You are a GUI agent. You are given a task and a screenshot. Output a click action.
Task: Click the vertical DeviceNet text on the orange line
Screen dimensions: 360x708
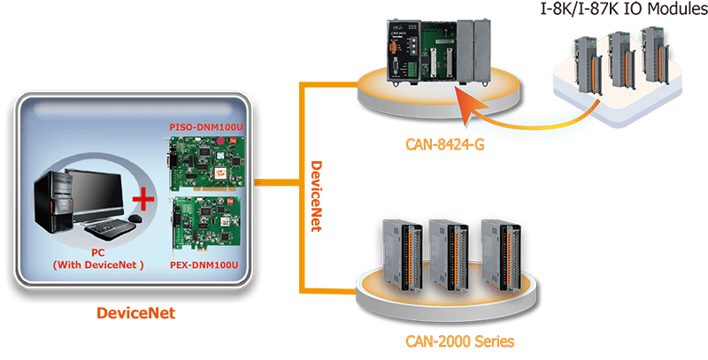click(313, 195)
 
